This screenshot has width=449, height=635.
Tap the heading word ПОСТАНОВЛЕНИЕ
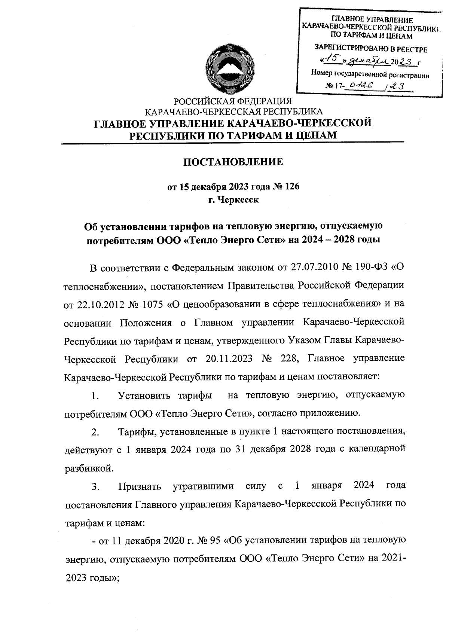tap(233, 162)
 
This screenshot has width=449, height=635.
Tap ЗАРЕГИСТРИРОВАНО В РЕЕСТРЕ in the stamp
tap(370, 49)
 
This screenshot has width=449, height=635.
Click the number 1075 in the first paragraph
tap(153, 304)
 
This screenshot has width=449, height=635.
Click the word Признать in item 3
tap(140, 486)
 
